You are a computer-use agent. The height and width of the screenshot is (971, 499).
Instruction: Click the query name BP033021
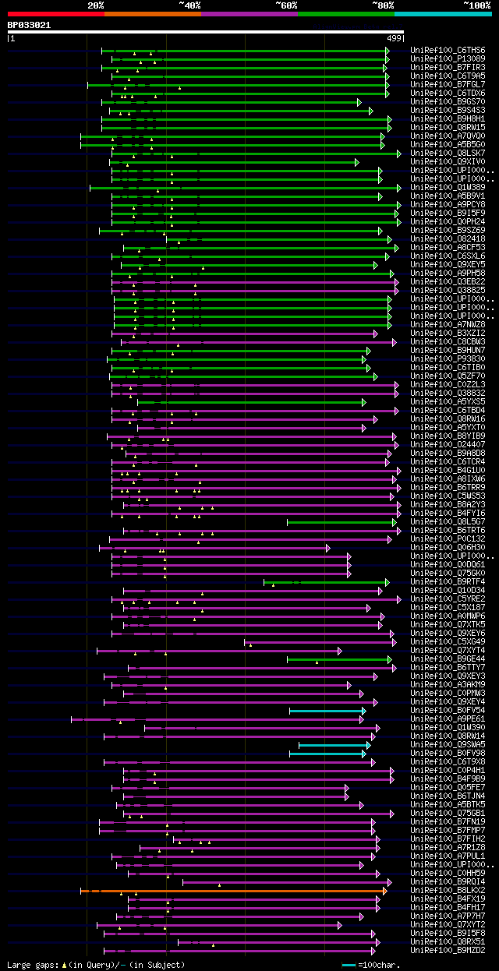(29, 25)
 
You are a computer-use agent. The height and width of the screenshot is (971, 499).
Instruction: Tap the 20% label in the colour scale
(96, 5)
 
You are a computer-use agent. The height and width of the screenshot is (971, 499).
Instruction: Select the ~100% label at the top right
(476, 5)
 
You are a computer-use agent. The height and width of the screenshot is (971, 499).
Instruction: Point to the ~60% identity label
(286, 5)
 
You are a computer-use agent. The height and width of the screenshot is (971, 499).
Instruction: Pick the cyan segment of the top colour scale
(442, 14)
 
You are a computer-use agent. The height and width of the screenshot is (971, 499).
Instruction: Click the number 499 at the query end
(394, 37)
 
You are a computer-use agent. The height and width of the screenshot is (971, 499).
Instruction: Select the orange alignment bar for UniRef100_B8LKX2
(234, 891)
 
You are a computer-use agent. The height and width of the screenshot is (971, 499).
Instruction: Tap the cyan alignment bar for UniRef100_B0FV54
(327, 711)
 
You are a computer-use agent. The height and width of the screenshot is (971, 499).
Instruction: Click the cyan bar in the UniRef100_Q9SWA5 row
(334, 745)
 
